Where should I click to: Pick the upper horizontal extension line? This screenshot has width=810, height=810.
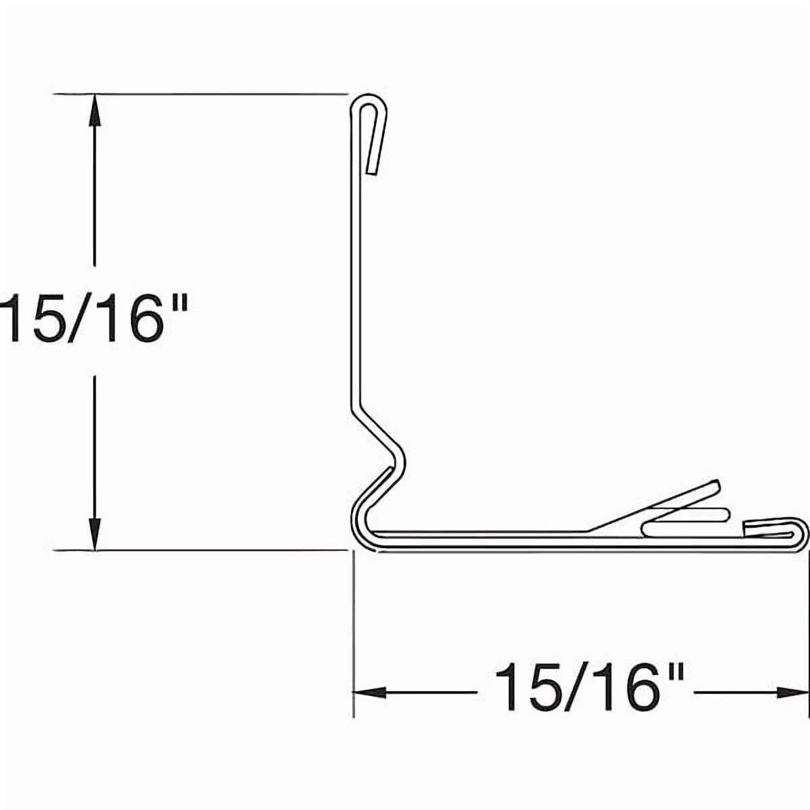(x=202, y=93)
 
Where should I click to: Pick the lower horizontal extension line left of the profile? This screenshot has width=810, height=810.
(x=202, y=551)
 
